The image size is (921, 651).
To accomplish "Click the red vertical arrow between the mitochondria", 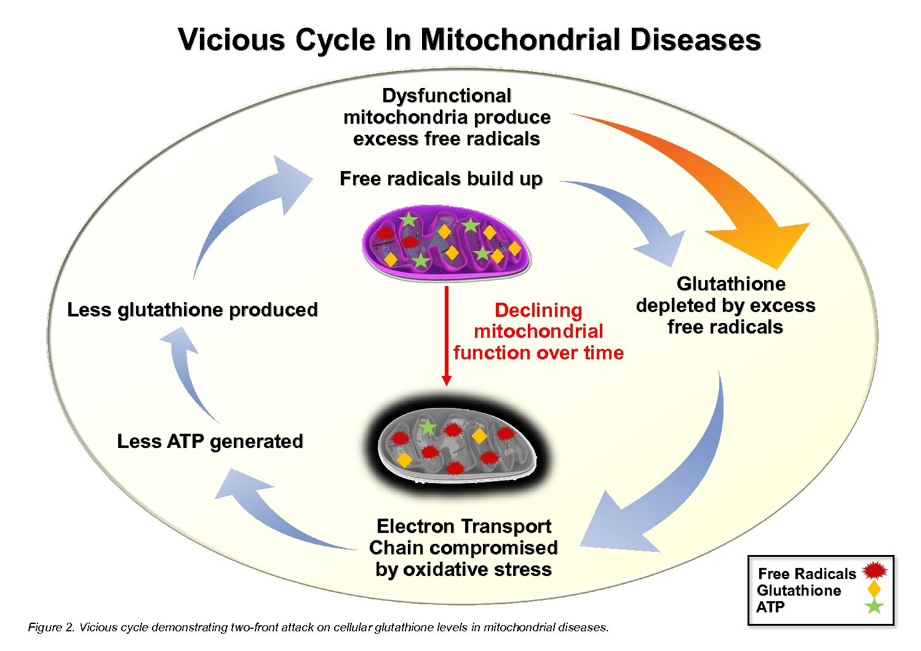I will coord(447,335).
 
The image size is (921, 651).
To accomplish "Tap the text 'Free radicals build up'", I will coord(441,179).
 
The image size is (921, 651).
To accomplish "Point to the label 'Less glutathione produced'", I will coord(192,310).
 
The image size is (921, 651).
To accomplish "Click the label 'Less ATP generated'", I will coord(210,442).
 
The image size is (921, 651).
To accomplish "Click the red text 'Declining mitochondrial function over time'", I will coord(538,332).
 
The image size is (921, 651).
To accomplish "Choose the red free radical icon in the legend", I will coord(875,571).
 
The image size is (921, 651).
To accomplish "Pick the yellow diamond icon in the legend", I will coord(874,589).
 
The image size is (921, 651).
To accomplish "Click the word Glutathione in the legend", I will coord(799,591).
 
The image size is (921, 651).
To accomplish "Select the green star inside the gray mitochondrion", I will coord(427,426).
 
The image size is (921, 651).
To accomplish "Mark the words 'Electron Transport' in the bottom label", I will coord(463,527).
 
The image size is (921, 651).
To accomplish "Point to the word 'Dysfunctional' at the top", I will coord(446,96).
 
